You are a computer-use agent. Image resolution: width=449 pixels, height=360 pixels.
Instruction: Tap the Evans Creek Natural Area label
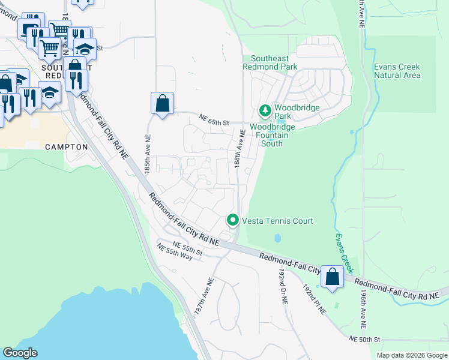point(397,71)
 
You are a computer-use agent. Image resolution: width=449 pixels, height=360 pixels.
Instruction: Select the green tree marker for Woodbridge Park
point(265,111)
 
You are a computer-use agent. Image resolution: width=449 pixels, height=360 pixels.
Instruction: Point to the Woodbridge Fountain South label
point(274,131)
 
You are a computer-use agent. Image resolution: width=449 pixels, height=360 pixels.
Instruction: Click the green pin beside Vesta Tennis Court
point(233,221)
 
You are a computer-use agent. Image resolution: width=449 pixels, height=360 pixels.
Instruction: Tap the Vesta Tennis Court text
point(277,221)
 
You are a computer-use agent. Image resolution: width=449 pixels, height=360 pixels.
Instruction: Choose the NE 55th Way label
point(174,252)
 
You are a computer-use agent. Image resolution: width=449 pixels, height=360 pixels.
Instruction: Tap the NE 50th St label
point(364,340)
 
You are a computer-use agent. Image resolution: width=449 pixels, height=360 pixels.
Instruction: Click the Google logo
point(20,353)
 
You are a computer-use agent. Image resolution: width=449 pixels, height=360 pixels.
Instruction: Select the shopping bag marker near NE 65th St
point(162,104)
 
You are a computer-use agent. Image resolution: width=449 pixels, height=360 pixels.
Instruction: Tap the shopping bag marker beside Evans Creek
point(333,277)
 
